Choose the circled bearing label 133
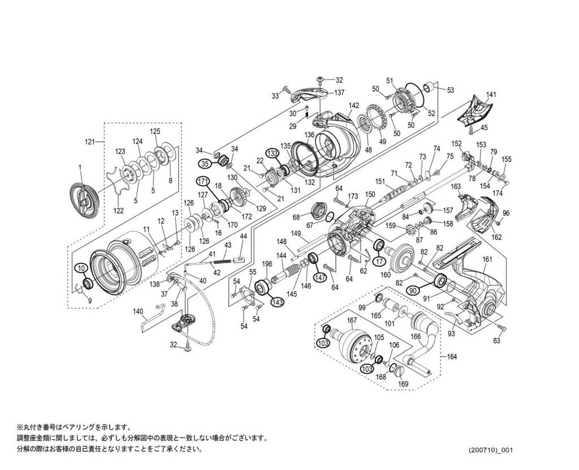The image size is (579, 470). point(273,153)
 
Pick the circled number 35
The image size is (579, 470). point(205,163)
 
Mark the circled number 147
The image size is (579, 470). point(321,277)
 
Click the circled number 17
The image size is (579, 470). point(379,261)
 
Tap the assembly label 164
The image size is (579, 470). point(450,357)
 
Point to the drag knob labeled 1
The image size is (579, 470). point(80,167)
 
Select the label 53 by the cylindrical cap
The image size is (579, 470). point(450,90)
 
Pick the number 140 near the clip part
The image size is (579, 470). point(137,311)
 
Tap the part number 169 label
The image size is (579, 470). point(403,384)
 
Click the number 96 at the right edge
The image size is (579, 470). point(506,213)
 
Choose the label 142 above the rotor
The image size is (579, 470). point(354,106)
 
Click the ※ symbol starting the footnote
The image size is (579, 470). point(19,427)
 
